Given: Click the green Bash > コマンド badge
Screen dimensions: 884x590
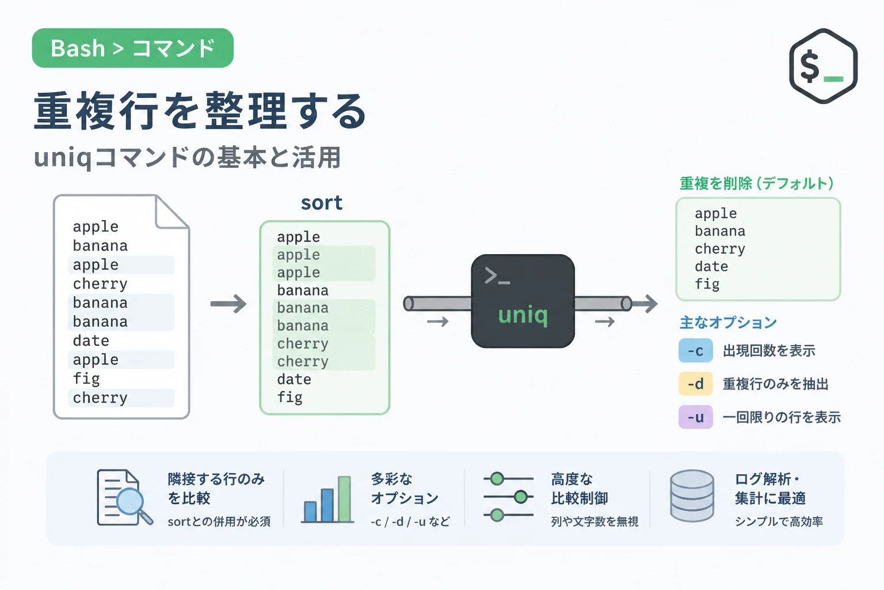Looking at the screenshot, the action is [x=132, y=48].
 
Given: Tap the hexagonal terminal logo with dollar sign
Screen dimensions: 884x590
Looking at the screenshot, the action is [x=823, y=66].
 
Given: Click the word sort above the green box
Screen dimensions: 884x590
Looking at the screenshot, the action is [x=322, y=203].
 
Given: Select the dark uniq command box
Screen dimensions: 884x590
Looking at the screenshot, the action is [x=523, y=301].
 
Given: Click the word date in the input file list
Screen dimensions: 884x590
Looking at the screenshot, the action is [x=91, y=341].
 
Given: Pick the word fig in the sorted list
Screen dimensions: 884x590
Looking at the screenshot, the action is [x=290, y=397].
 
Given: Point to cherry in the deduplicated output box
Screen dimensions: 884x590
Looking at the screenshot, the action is [x=720, y=249].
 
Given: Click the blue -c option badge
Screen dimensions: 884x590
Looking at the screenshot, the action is [x=695, y=350].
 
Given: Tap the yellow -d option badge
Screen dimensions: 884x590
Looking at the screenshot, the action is [x=695, y=384].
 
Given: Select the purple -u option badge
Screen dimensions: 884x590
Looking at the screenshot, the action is [x=695, y=417].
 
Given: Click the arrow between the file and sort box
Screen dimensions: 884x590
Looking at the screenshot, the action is [x=228, y=304].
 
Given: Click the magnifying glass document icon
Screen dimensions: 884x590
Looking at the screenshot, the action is [x=125, y=498].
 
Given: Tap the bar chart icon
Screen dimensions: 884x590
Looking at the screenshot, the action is [x=327, y=500].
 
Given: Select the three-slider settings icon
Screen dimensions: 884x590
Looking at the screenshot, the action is [x=508, y=497].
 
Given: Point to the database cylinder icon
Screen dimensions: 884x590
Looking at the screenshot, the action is [x=692, y=496].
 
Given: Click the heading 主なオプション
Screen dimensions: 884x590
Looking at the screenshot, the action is [x=728, y=323].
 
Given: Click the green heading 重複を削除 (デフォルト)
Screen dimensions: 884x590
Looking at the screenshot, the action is [x=757, y=183].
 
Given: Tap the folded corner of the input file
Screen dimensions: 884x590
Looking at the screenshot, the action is [x=172, y=212].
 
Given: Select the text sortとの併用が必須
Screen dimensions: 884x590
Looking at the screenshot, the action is [x=219, y=521].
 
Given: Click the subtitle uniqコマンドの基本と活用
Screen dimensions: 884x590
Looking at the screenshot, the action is [x=188, y=157].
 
